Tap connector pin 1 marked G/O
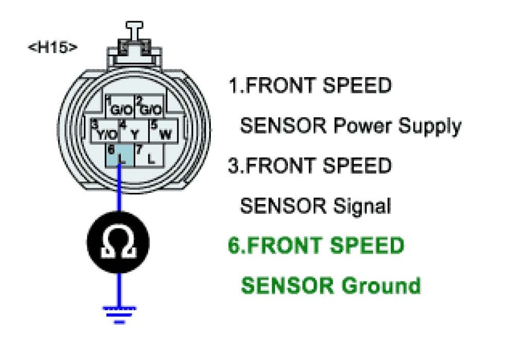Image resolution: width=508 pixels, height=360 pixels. [120, 107]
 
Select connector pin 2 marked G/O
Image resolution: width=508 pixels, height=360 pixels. [150, 107]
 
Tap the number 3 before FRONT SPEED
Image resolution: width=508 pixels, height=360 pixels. [233, 166]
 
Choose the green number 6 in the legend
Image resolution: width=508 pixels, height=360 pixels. [234, 246]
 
